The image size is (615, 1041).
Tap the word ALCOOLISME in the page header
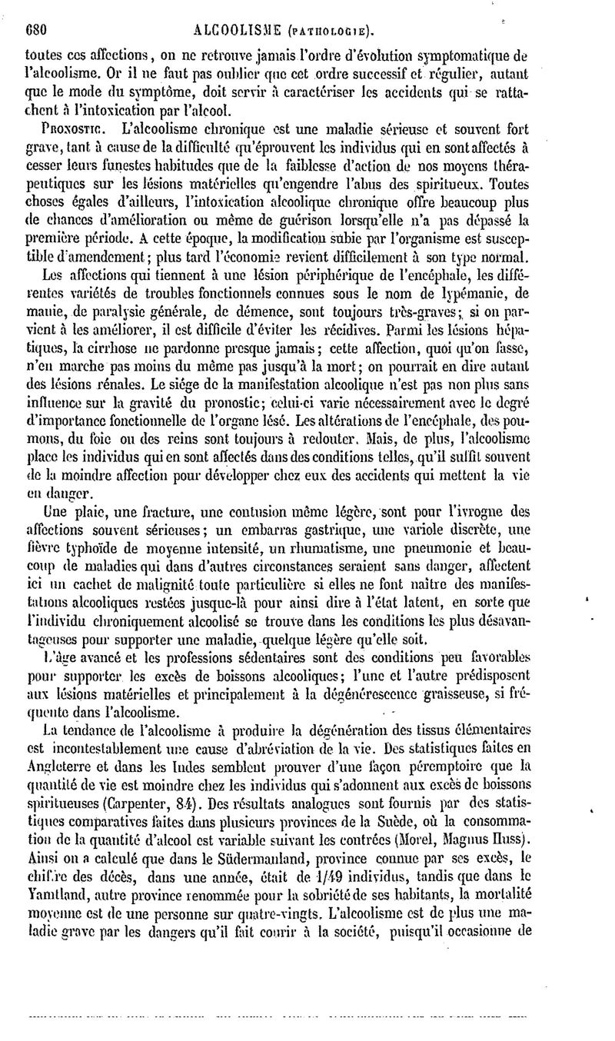(238, 32)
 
